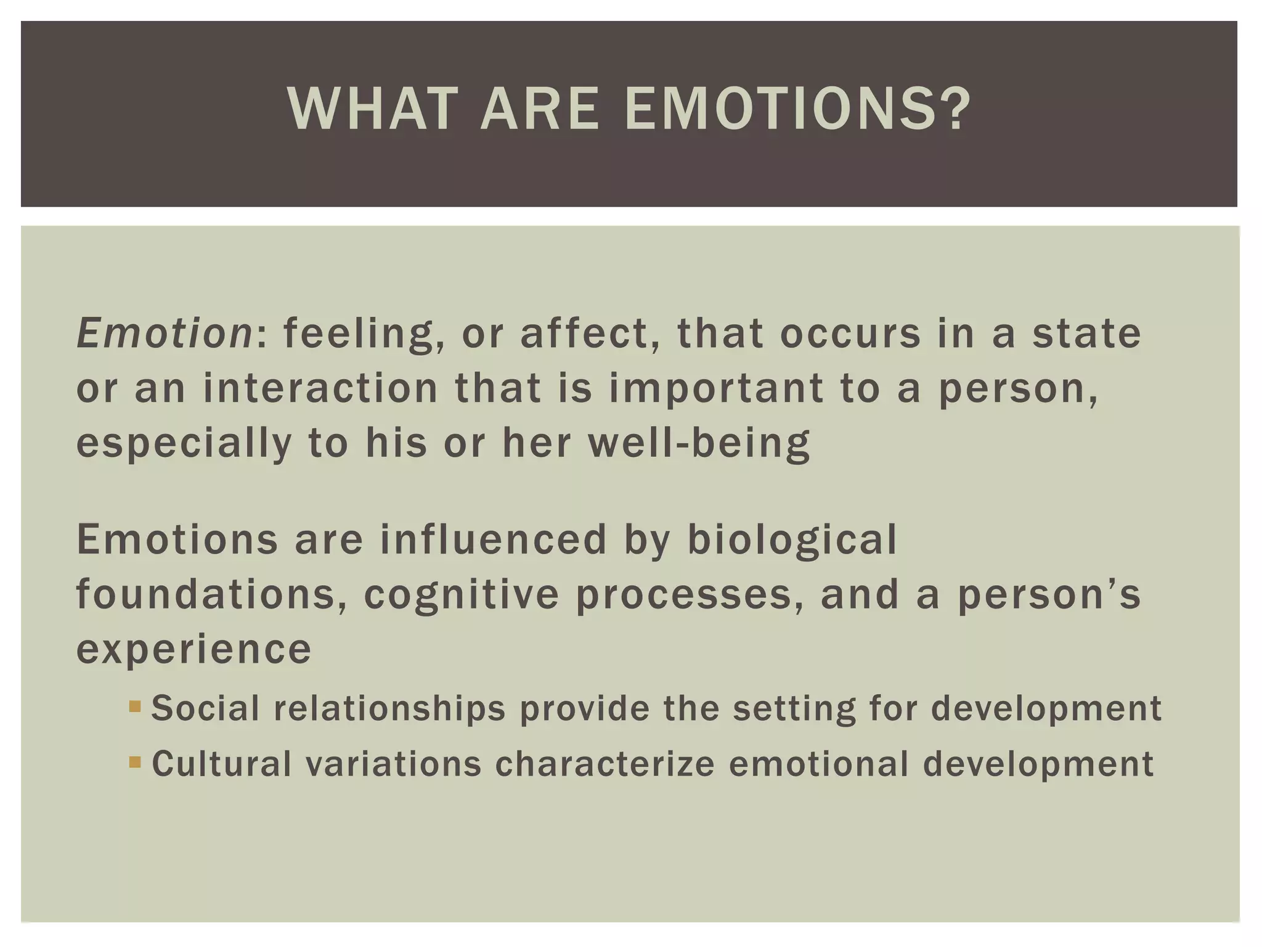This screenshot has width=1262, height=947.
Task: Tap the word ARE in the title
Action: [x=539, y=110]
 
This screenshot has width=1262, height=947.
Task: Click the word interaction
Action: [x=320, y=388]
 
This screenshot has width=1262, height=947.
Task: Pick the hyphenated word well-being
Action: [x=699, y=443]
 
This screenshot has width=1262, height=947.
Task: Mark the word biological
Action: [x=792, y=540]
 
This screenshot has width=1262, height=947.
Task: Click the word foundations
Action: [x=211, y=594]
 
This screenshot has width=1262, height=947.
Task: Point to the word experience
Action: [x=193, y=650]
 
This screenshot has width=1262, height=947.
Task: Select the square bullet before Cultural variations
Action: [x=135, y=762]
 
